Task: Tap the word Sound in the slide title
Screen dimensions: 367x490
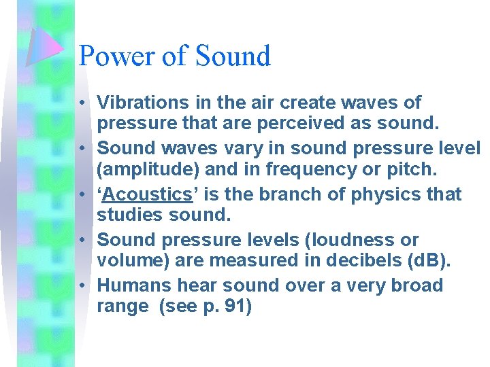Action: [x=233, y=56]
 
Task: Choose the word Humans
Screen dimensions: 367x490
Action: [x=131, y=285]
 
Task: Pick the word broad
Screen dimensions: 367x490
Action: [x=416, y=285]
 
